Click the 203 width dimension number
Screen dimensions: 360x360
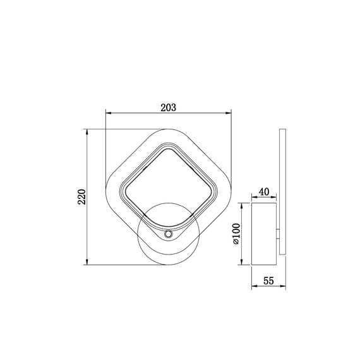[168, 107]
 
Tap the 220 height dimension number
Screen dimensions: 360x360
[81, 197]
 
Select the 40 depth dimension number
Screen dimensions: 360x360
[264, 192]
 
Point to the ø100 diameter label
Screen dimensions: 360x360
[236, 234]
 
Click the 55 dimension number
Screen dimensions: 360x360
[268, 281]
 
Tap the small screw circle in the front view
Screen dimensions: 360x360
[168, 234]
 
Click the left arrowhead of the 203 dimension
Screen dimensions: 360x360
[108, 113]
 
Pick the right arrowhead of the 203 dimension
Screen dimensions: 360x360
[229, 113]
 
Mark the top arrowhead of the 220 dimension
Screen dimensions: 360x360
[87, 132]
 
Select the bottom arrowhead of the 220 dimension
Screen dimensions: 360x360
[87, 262]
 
